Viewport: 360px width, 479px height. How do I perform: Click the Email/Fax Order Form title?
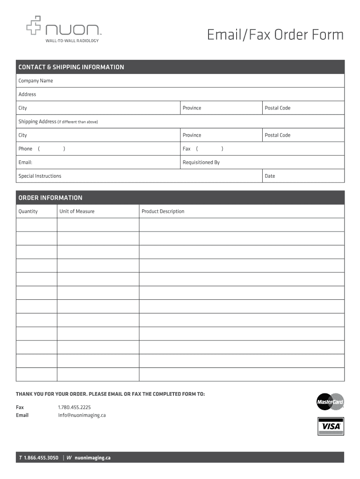[275, 35]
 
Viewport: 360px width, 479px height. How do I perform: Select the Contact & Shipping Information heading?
[71, 67]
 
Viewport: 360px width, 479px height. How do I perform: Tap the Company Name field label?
[36, 81]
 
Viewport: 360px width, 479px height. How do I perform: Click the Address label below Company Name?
[27, 94]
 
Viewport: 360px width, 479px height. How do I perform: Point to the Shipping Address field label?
[37, 122]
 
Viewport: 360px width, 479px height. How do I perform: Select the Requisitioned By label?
[201, 162]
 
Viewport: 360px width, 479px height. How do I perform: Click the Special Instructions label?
[40, 176]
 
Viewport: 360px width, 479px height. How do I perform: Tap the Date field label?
[270, 176]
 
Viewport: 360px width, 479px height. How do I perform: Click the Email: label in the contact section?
[25, 162]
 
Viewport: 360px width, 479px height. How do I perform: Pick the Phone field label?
[25, 149]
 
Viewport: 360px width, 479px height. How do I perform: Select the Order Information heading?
[50, 197]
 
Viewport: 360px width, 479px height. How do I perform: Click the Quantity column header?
[28, 211]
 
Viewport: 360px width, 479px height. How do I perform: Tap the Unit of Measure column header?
[77, 211]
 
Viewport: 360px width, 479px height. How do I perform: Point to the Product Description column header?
[163, 211]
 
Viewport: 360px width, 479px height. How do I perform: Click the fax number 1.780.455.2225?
[74, 407]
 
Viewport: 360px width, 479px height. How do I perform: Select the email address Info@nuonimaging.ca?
[82, 415]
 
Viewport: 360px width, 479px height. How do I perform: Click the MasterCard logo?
[330, 401]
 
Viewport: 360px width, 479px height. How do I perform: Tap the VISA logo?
[331, 426]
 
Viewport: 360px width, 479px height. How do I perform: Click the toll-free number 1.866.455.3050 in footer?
[41, 457]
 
